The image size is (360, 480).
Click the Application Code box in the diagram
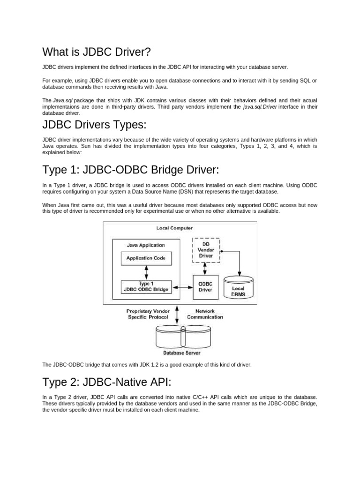(146, 258)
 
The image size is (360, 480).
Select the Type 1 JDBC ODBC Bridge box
(146, 286)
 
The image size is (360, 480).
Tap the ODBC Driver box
(206, 286)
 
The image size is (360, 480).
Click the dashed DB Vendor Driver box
(206, 250)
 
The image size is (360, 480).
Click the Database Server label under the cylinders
(181, 352)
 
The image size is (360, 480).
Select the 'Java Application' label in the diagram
(146, 245)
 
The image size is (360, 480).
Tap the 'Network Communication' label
(205, 314)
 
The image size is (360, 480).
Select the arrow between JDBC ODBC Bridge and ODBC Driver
(182, 286)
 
